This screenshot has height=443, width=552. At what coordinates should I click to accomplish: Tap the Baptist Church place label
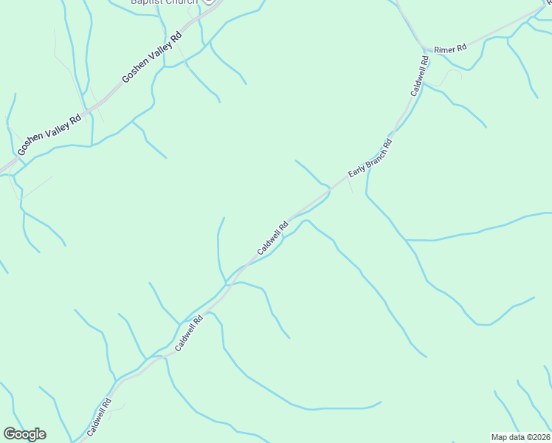point(164,2)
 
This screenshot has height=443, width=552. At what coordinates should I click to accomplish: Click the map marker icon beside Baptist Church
point(209,1)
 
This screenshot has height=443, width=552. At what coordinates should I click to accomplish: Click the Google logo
point(24,434)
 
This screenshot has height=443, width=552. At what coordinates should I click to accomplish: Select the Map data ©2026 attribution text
point(520,437)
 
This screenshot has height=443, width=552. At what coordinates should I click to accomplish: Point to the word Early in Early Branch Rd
point(356,170)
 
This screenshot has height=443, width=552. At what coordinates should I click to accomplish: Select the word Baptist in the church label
point(146,2)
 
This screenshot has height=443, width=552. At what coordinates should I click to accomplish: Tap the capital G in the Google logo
point(10,434)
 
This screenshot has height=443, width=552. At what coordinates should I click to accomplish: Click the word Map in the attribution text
point(499,437)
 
